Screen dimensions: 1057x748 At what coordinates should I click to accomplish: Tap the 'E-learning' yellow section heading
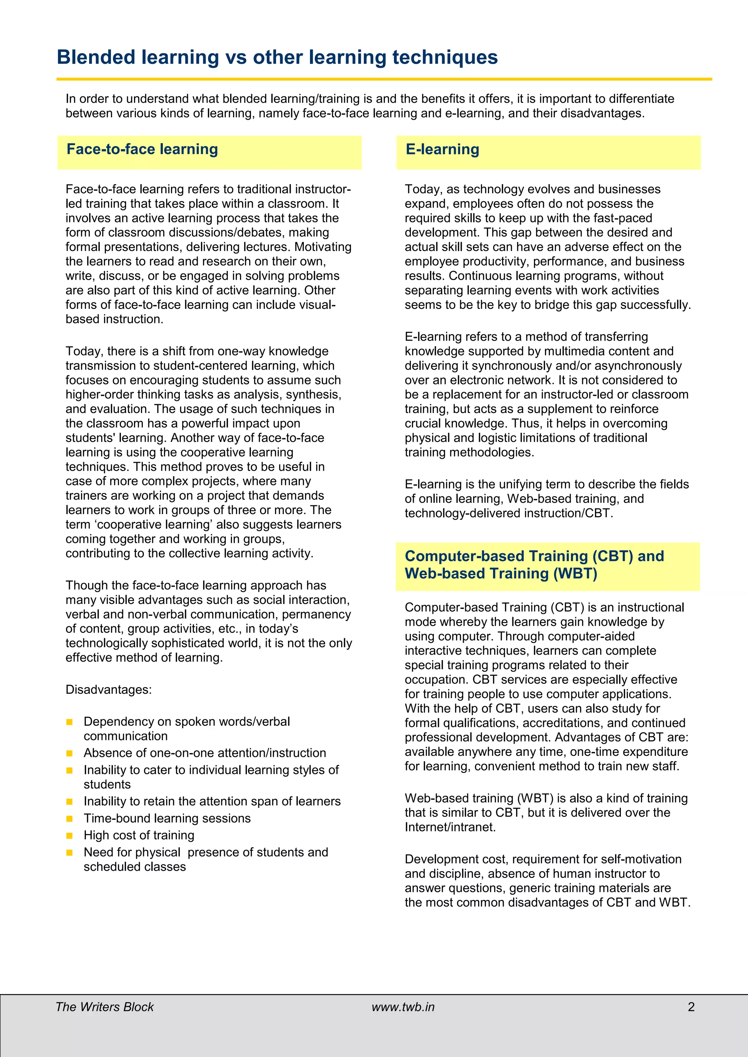coord(442,149)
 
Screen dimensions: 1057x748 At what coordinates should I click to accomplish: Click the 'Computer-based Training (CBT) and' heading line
coord(534,556)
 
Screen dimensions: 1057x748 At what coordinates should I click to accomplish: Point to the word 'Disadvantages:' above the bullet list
coord(108,689)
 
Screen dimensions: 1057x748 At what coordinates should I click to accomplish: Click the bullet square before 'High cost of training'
coord(69,835)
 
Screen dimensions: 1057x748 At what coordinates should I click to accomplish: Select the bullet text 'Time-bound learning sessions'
coord(167,818)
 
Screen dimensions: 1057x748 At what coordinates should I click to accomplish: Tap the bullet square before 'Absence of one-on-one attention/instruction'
coord(69,753)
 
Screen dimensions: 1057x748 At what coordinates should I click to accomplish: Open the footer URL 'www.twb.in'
coord(403,1007)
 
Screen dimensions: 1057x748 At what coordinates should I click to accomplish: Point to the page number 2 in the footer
coord(691,1007)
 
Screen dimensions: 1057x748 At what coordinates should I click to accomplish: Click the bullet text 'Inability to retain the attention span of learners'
coord(212,801)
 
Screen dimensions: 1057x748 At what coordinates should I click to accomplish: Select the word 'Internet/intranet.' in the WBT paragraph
coord(450,827)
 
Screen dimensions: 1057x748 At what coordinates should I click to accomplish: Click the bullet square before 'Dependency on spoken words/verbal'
coord(69,722)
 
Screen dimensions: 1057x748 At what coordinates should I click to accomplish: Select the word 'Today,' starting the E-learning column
coord(423,189)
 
